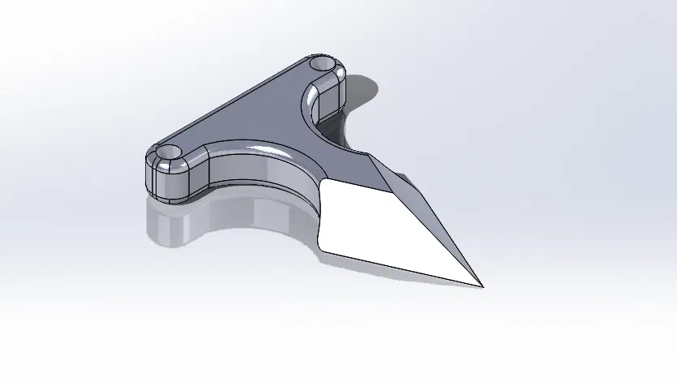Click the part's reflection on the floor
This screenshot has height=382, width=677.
pyautogui.click(x=211, y=223)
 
